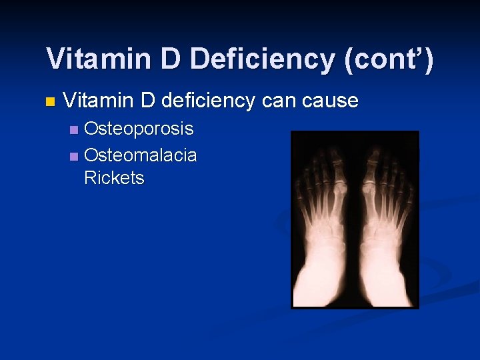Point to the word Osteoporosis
pyautogui.click(x=139, y=129)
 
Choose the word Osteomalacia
pyautogui.click(x=140, y=155)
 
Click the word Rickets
pyautogui.click(x=114, y=178)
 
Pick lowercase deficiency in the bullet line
pyautogui.click(x=208, y=101)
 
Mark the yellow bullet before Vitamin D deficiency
pyautogui.click(x=48, y=102)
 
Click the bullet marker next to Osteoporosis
pyautogui.click(x=74, y=129)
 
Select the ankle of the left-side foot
pyautogui.click(x=323, y=267)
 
